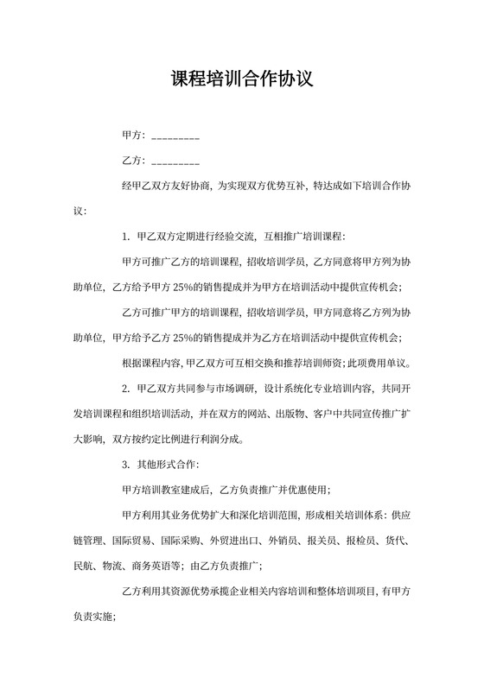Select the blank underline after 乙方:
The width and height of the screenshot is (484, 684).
coord(175,161)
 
